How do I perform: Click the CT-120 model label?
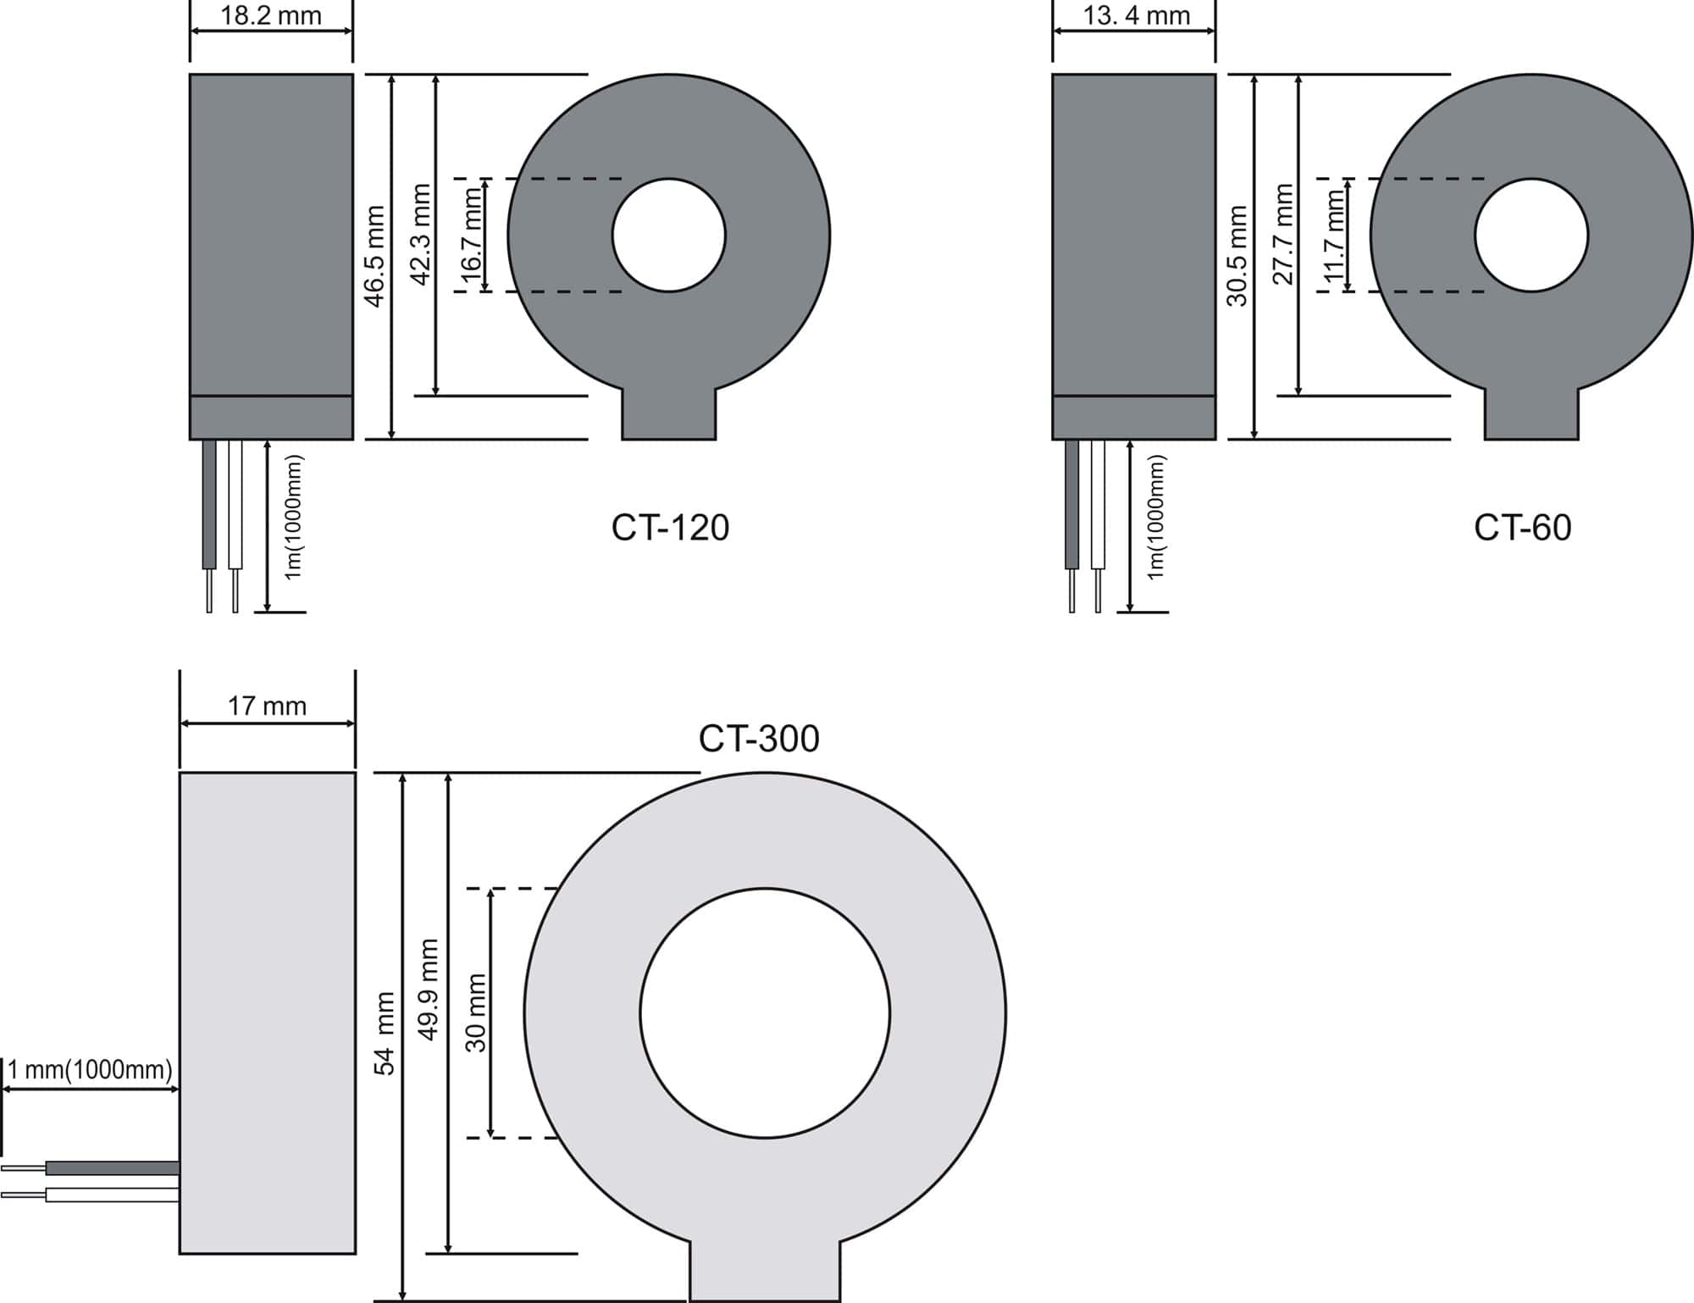pyautogui.click(x=670, y=528)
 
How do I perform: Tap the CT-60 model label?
pyautogui.click(x=1522, y=528)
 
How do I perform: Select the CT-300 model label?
pyautogui.click(x=759, y=739)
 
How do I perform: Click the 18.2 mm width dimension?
pyautogui.click(x=271, y=15)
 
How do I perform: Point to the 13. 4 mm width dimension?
pyautogui.click(x=1137, y=15)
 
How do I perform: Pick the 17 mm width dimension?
pyautogui.click(x=267, y=706)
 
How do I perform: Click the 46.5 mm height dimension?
pyautogui.click(x=374, y=256)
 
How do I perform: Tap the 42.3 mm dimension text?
pyautogui.click(x=420, y=235)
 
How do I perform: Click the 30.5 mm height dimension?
pyautogui.click(x=1237, y=256)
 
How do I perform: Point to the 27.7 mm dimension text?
pyautogui.click(x=1284, y=235)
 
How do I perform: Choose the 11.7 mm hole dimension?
pyautogui.click(x=1334, y=236)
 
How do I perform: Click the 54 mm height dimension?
pyautogui.click(x=385, y=1034)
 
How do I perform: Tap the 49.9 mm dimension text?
pyautogui.click(x=429, y=990)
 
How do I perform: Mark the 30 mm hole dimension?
pyautogui.click(x=476, y=1013)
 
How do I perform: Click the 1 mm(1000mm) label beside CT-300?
pyautogui.click(x=90, y=1070)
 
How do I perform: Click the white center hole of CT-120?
pyautogui.click(x=669, y=236)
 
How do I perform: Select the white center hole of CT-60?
pyautogui.click(x=1531, y=236)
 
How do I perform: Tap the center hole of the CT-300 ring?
pyautogui.click(x=765, y=1013)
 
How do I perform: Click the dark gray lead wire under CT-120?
pyautogui.click(x=209, y=504)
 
